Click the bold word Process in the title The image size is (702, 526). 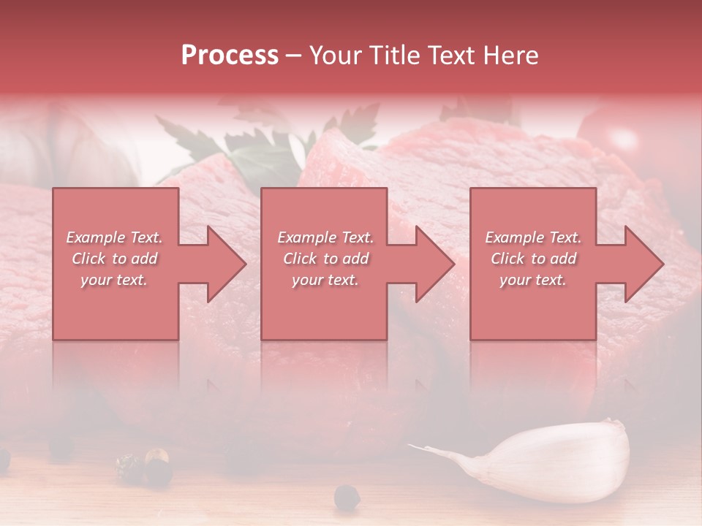[230, 56]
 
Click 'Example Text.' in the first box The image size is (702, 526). [114, 237]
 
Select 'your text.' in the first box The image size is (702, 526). [114, 280]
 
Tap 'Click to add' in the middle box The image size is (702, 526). [325, 259]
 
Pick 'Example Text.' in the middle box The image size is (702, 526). [325, 237]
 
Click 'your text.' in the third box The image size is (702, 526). [532, 280]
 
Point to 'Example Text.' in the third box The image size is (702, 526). [532, 237]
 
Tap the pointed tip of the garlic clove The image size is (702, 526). [414, 446]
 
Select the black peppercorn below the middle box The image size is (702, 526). [347, 498]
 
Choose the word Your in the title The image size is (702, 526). [332, 56]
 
